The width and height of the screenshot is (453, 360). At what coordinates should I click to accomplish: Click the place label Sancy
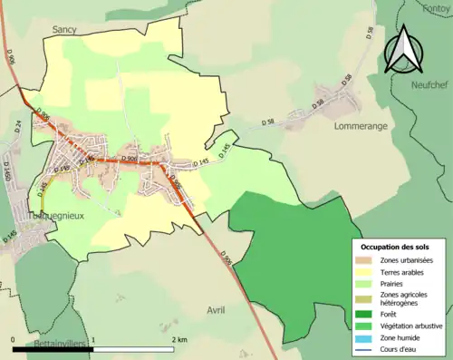pos(64,30)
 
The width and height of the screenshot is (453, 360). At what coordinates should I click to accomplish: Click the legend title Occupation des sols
pos(396,247)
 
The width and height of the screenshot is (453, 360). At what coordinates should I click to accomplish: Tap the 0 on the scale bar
pos(14,339)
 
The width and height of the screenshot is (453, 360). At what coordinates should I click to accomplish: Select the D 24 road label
pos(17,126)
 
